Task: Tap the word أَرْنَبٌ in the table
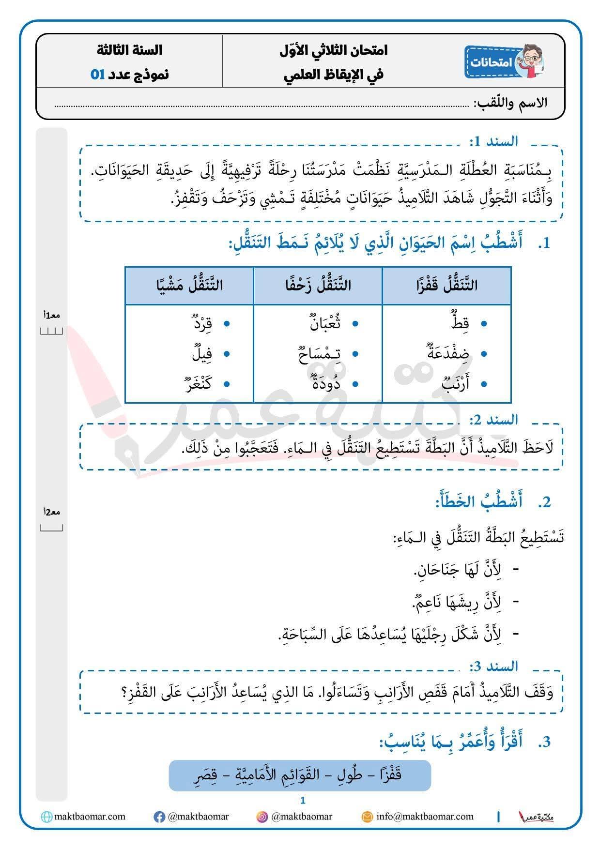pos(456,384)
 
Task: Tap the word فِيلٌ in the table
pos(202,354)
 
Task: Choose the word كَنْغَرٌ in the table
pos(199,384)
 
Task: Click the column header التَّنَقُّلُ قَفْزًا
pos(446,286)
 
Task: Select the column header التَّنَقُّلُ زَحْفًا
pos(318,286)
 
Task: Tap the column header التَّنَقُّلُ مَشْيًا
pos(189,286)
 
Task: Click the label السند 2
pos(493,420)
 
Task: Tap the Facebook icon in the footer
pos(159,817)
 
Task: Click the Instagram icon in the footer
pos(262,817)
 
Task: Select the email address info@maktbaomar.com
pos(425,817)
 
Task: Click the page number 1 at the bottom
pos(303,801)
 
